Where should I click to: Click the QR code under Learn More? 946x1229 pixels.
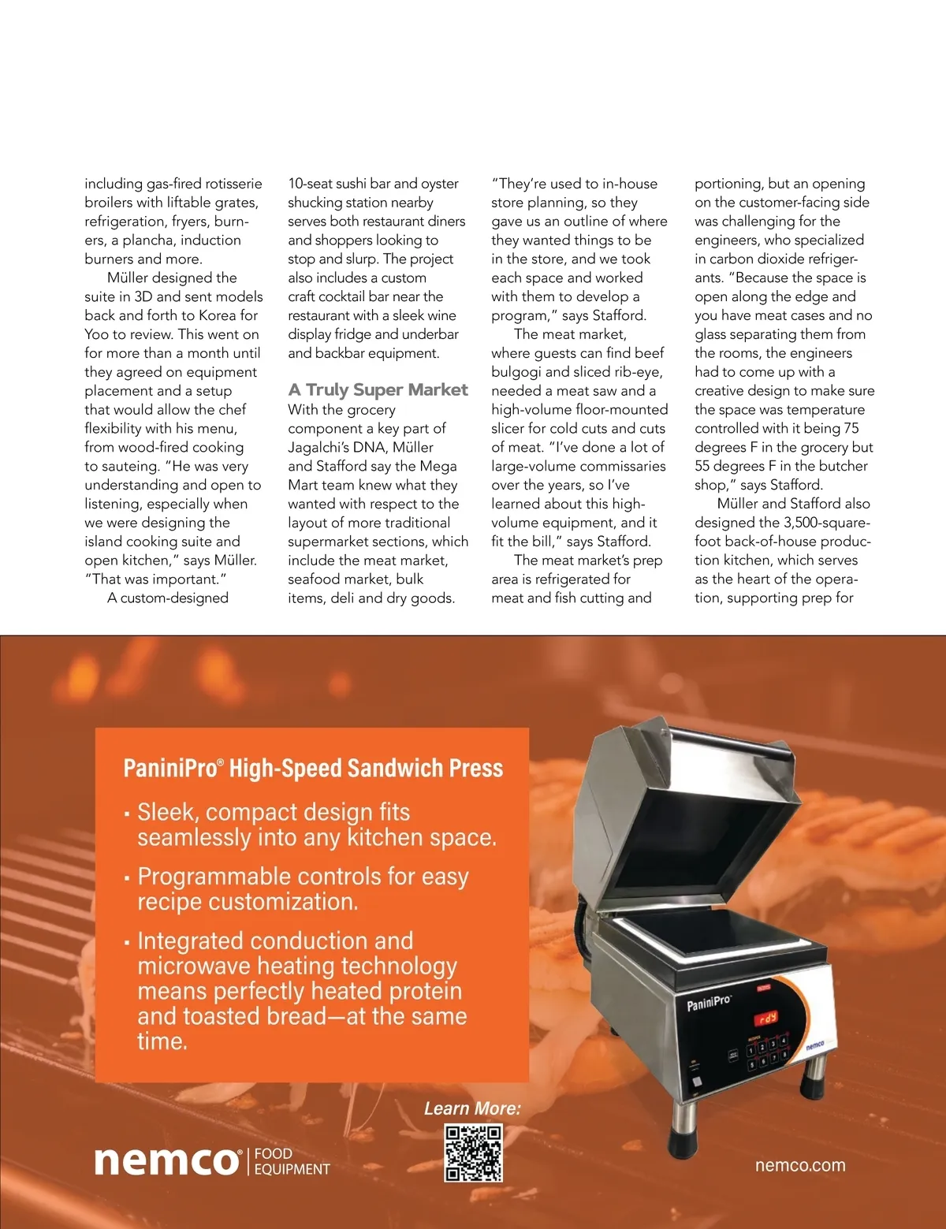coord(473,1153)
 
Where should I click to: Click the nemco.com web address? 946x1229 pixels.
coord(799,1165)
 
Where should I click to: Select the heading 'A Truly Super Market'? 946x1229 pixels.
coord(378,390)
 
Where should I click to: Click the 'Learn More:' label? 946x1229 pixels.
coord(472,1108)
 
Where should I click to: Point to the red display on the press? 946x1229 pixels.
coord(767,1018)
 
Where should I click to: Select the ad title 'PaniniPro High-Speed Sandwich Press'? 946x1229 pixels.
coord(313,768)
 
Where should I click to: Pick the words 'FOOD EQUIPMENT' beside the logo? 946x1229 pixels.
coord(292,1162)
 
